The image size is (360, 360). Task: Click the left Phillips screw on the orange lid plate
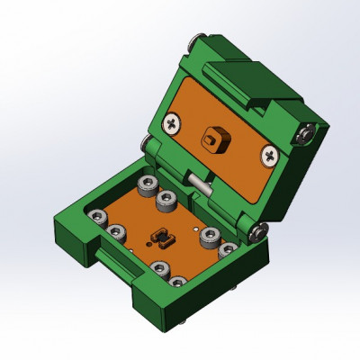pyautogui.click(x=172, y=121)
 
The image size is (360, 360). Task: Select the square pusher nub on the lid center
pyautogui.click(x=214, y=139)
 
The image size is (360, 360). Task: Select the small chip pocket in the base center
pyautogui.click(x=162, y=238)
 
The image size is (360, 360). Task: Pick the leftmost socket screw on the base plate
pyautogui.click(x=97, y=220)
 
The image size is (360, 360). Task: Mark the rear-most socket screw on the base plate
pyautogui.click(x=143, y=186)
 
